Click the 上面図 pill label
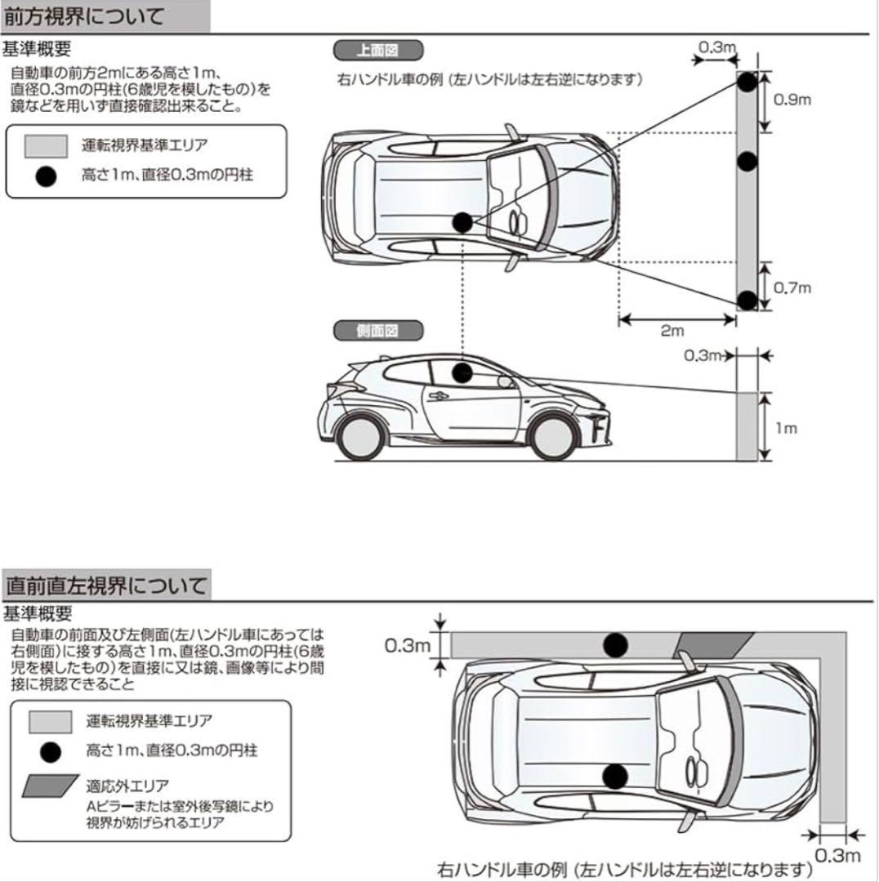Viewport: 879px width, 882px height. pyautogui.click(x=377, y=50)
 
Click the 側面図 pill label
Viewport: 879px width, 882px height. pyautogui.click(x=377, y=330)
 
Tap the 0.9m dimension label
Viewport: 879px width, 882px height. pyautogui.click(x=792, y=100)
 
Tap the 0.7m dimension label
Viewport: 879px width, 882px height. pyautogui.click(x=792, y=287)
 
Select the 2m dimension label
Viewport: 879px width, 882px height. pyautogui.click(x=672, y=331)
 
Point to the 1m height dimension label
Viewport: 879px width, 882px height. pyautogui.click(x=785, y=429)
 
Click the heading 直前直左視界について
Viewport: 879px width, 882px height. pyautogui.click(x=106, y=586)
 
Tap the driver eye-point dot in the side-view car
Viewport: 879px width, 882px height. pyautogui.click(x=462, y=373)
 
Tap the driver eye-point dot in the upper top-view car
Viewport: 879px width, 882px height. pyautogui.click(x=462, y=222)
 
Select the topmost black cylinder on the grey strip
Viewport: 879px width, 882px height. pyautogui.click(x=747, y=82)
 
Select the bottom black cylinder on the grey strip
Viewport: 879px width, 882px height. pyautogui.click(x=747, y=300)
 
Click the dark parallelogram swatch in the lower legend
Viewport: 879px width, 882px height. pyautogui.click(x=51, y=786)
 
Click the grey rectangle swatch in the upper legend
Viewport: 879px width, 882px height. pyautogui.click(x=46, y=147)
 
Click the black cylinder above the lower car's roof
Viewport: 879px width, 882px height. pyautogui.click(x=615, y=645)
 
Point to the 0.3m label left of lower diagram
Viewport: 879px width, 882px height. pyautogui.click(x=408, y=646)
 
